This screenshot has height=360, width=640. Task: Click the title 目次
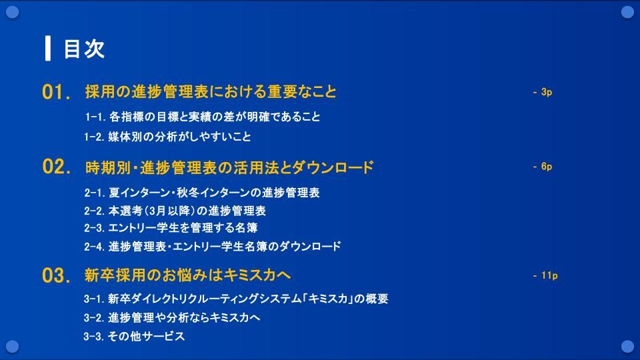click(x=84, y=49)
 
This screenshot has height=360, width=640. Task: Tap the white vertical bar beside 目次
click(x=48, y=48)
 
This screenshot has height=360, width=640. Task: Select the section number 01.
click(x=56, y=92)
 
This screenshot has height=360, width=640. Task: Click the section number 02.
click(x=56, y=167)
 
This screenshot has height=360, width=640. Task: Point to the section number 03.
click(x=56, y=275)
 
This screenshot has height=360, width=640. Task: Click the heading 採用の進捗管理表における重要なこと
click(x=211, y=91)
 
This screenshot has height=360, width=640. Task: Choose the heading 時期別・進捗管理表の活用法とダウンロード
click(x=229, y=167)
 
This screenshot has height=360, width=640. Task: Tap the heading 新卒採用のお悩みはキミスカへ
click(x=187, y=275)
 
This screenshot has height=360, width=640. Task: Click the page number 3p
click(x=543, y=92)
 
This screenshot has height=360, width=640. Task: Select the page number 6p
click(x=543, y=167)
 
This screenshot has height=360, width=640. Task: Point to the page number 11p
click(x=545, y=275)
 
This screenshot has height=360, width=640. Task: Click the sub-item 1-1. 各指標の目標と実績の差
click(x=203, y=117)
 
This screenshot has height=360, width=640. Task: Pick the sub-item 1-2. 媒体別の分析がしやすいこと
click(x=168, y=136)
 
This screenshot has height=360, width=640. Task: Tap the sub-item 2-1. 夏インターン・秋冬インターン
click(x=202, y=192)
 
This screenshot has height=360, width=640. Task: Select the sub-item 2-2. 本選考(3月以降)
click(x=175, y=211)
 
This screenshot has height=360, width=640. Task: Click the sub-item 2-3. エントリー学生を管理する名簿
click(x=171, y=227)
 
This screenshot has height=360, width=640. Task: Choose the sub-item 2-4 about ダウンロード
click(x=213, y=246)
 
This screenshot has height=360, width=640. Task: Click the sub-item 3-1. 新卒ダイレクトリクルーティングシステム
click(x=236, y=299)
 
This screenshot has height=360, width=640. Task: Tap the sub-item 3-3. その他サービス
click(x=134, y=336)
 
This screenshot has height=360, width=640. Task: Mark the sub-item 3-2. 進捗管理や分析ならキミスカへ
click(x=172, y=317)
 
